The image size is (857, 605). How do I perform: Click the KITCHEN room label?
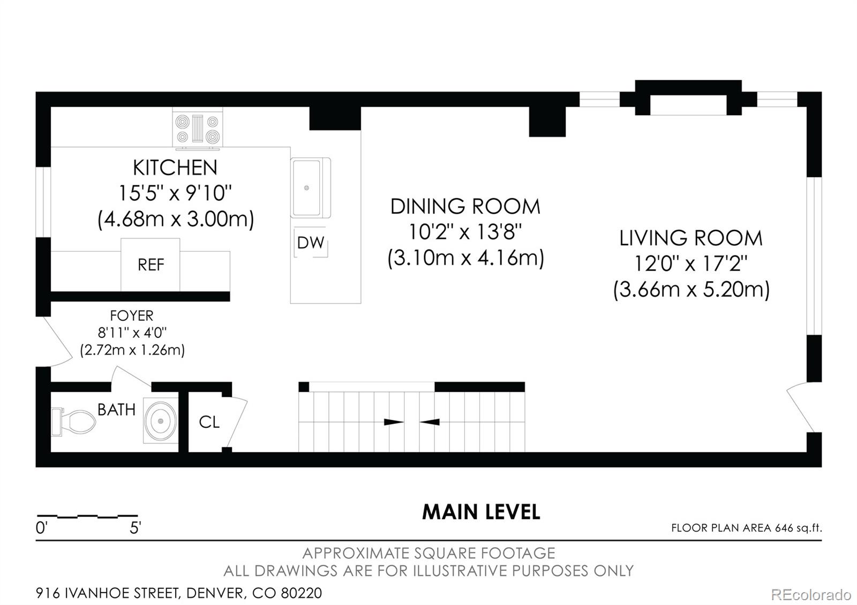pos(175,168)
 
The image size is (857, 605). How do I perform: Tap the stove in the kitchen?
pos(198,128)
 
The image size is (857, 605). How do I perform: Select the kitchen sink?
pos(310,188)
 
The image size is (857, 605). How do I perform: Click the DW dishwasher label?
pos(311,243)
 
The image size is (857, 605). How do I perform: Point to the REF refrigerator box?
pos(151,264)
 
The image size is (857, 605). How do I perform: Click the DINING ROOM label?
pos(465,207)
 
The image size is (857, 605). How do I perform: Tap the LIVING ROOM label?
pos(691,238)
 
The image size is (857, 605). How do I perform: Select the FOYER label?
pos(132,315)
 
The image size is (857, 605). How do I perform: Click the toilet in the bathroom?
pos(73,422)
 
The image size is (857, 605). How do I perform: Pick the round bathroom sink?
pos(161,421)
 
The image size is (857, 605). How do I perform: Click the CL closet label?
pos(209,422)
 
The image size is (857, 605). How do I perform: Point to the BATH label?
pos(117,410)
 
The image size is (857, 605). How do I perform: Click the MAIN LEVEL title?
pos(481,512)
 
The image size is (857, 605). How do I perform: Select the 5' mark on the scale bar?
pos(136,528)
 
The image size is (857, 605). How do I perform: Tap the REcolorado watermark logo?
pos(811,595)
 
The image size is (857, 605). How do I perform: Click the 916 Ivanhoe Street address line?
pos(179,593)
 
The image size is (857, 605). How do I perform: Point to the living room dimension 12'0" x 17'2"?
pos(691,263)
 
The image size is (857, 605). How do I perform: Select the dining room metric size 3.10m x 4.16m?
pos(465,258)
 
